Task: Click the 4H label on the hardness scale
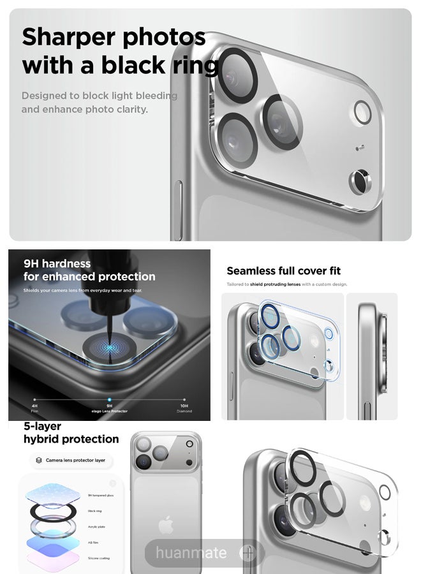tap(34, 406)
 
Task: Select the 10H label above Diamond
tap(184, 406)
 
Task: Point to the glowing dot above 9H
tap(109, 399)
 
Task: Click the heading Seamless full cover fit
tap(284, 271)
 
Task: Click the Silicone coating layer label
tap(99, 558)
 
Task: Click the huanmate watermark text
tap(191, 552)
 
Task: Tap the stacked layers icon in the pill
tap(39, 460)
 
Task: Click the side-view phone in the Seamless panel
tap(372, 355)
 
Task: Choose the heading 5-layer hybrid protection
tap(71, 432)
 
